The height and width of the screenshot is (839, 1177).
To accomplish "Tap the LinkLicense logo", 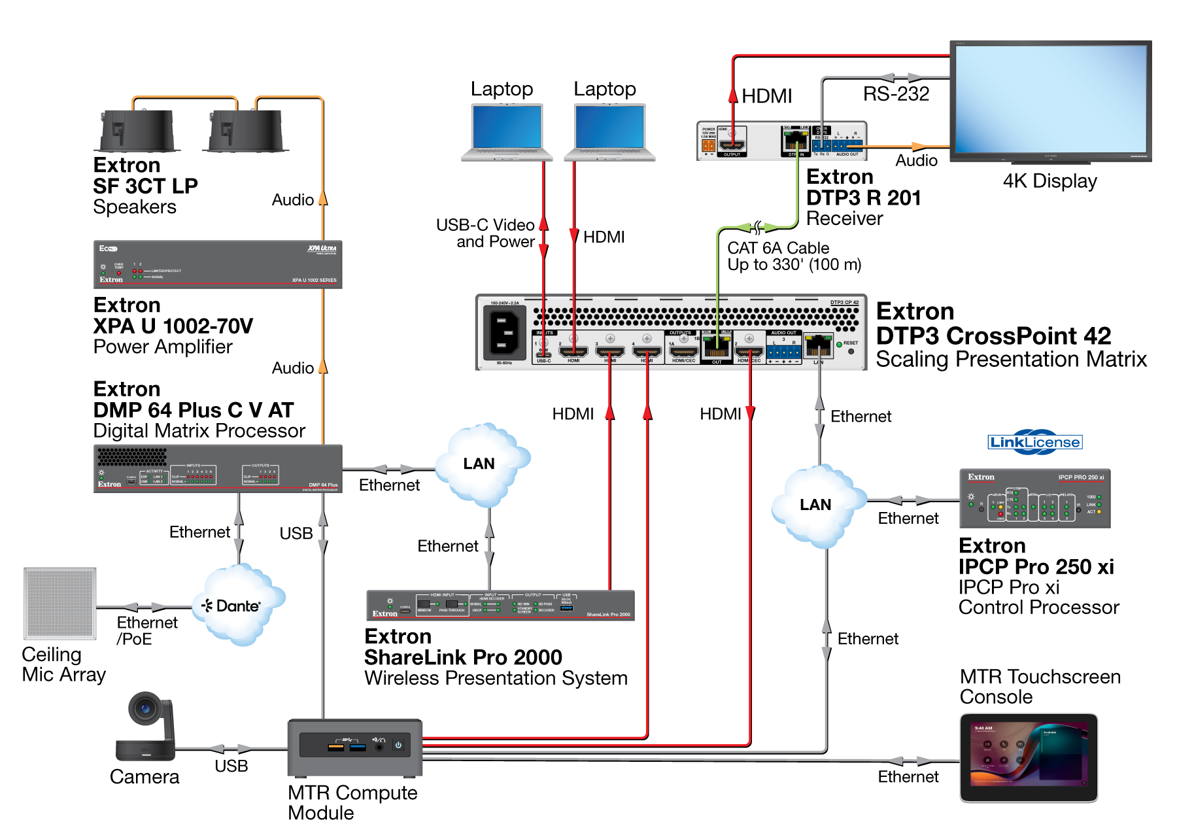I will point(1034,442).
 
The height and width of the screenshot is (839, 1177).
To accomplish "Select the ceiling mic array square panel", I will point(60,603).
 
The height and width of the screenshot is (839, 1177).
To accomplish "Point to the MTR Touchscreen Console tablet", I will point(1028,757).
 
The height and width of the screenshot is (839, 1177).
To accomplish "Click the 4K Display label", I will point(1049,181).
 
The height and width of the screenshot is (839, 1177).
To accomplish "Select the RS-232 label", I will point(896,94).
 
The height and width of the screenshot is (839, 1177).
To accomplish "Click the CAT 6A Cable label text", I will point(778,248).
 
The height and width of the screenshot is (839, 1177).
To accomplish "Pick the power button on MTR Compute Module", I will point(398,745).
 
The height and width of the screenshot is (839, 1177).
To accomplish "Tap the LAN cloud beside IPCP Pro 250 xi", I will point(815,505).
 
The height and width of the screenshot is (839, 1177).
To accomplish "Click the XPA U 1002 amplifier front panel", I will point(218,264).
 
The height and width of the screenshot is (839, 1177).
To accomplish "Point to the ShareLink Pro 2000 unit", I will point(500,605).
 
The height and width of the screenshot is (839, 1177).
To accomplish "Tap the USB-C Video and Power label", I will point(485,233).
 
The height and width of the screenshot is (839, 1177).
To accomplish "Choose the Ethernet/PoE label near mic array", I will point(147,630).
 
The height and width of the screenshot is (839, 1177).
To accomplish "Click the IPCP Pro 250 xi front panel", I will point(1034,498).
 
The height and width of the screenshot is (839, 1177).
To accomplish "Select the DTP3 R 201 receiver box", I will point(781,140).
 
